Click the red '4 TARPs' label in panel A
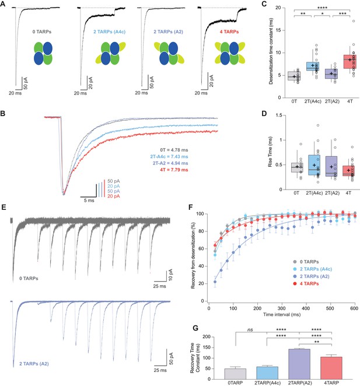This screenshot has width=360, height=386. [x=229, y=31]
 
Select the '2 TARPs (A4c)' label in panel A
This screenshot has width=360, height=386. [x=110, y=31]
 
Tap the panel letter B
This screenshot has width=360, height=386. [x=3, y=114]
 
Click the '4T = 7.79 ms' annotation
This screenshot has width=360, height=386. [x=174, y=170]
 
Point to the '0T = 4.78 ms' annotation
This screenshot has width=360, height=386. [x=174, y=150]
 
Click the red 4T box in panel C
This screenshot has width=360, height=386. [x=350, y=62]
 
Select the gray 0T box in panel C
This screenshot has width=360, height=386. [x=294, y=76]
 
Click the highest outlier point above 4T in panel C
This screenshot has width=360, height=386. [x=354, y=21]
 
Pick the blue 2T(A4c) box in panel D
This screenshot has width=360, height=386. [x=314, y=165]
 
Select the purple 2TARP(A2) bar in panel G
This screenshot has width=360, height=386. [x=299, y=364]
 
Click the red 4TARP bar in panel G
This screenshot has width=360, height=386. [x=331, y=368]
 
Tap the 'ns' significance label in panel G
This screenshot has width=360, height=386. [x=250, y=329]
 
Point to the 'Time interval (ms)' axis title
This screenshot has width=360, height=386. [x=282, y=314]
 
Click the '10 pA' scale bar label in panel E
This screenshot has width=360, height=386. [x=171, y=275]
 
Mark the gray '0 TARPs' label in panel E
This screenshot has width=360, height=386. [x=29, y=279]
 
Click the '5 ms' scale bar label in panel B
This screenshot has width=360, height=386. [x=89, y=201]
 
